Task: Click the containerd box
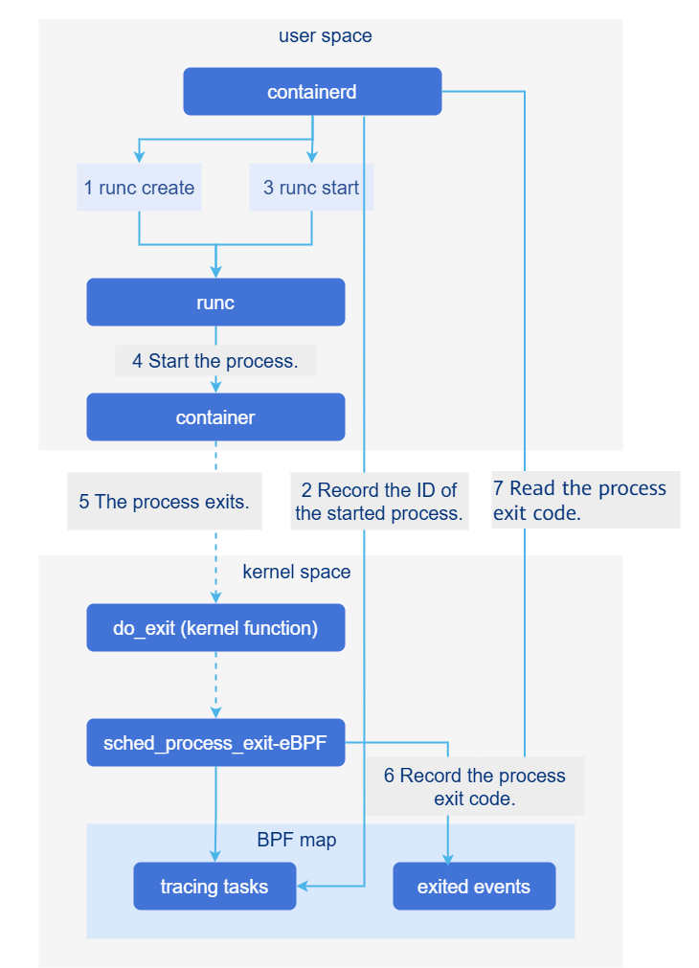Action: pos(312,92)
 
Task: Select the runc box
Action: pos(215,303)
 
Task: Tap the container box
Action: pos(215,417)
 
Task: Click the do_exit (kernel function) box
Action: pos(215,628)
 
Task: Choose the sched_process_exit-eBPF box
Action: pos(215,743)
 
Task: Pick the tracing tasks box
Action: pos(214,887)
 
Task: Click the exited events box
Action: pos(474,887)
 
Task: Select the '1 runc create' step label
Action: pos(139,188)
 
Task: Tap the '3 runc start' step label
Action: pos(311,188)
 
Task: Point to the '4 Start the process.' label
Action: pos(215,361)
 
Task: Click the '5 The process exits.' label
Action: pos(165,501)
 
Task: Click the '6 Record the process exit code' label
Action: pos(475,787)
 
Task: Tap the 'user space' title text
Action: pos(326,36)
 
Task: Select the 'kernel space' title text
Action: pos(297,572)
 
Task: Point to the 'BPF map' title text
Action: pos(297,840)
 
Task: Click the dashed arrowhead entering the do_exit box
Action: pos(215,597)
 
